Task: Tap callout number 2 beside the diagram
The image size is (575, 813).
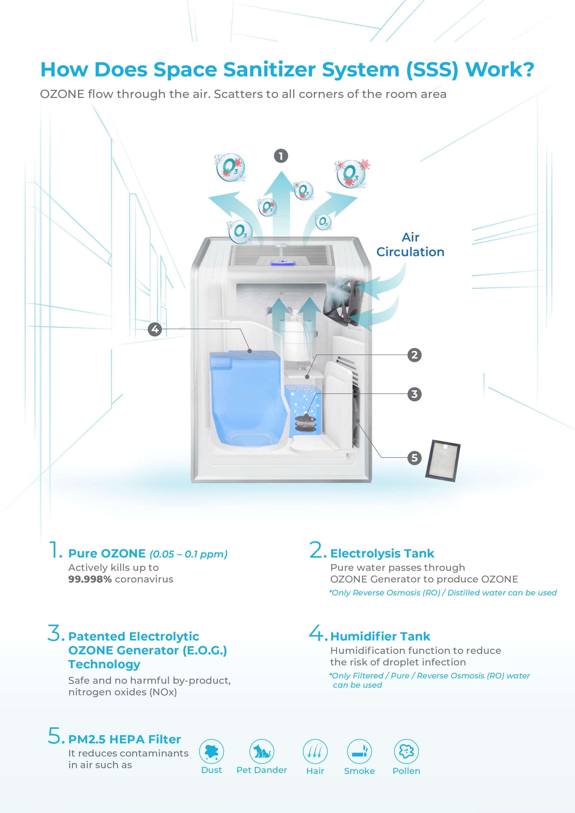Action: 414,355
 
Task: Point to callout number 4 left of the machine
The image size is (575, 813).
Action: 155,329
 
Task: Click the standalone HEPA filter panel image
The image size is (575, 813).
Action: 443,461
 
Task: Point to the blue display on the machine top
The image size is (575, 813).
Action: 283,262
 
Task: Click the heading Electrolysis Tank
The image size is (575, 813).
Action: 382,553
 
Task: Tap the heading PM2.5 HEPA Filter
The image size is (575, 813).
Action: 124,739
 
